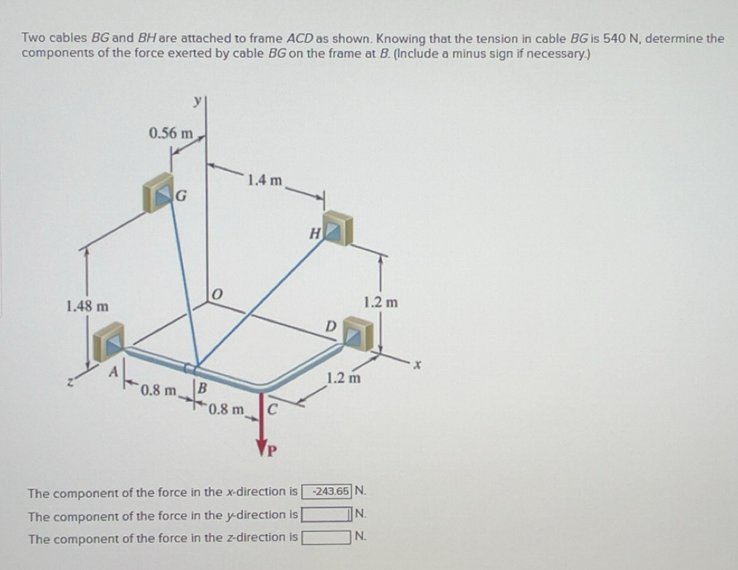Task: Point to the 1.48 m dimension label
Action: coord(87,305)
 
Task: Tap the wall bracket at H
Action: coord(336,228)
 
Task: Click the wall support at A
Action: coord(110,339)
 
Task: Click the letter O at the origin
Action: coord(215,294)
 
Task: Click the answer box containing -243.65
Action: coord(332,491)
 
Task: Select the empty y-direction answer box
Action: coord(326,515)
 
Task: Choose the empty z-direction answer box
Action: coord(326,538)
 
